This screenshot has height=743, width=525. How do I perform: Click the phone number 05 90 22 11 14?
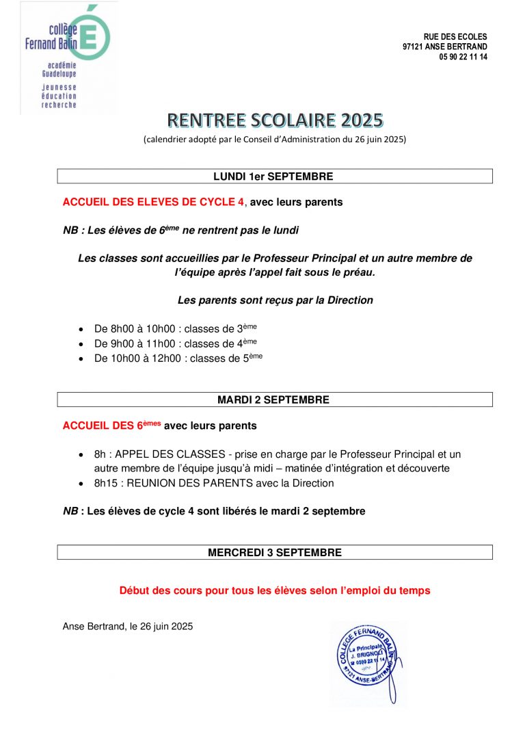(x=463, y=57)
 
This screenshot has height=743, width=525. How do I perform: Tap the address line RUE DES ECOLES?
(x=455, y=36)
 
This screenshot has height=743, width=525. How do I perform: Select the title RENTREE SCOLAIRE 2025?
(x=275, y=120)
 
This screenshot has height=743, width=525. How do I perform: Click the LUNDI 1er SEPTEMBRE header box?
(x=274, y=177)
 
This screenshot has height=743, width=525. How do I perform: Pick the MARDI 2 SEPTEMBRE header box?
(x=274, y=400)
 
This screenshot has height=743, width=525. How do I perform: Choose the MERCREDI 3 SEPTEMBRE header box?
(x=274, y=552)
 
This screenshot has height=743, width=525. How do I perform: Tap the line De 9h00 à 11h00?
(x=176, y=343)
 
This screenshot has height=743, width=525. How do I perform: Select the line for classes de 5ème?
(x=178, y=358)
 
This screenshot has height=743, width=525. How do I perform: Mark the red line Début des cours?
(x=275, y=590)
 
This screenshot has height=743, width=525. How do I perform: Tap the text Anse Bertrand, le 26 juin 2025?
(x=128, y=626)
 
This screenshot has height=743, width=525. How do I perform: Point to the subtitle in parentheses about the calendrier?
(x=275, y=140)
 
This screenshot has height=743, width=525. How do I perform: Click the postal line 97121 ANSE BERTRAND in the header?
(x=445, y=47)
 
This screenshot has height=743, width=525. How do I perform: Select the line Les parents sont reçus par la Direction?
(x=275, y=300)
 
